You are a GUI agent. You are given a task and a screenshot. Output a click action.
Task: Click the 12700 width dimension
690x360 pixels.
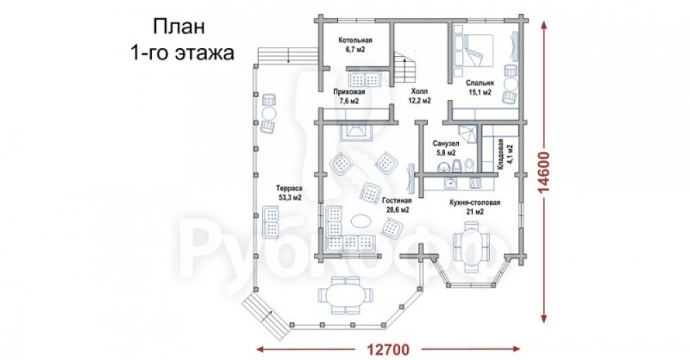point(388,350)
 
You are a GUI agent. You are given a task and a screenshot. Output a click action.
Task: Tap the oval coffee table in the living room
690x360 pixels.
point(363,219)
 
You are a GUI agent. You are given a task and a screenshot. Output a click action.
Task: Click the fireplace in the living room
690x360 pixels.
point(356,132)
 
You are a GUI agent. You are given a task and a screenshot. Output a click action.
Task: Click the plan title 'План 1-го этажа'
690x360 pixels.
point(181,39)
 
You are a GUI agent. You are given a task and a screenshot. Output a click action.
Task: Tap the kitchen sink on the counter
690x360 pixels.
point(450,182)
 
